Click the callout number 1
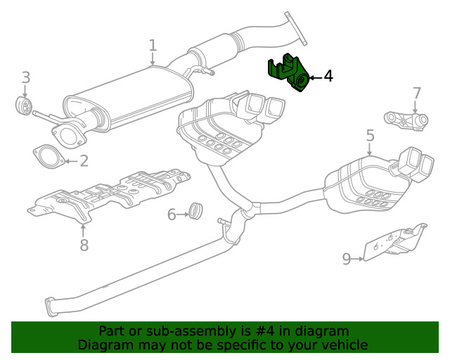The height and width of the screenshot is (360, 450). (153, 46)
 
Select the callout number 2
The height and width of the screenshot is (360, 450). (84, 162)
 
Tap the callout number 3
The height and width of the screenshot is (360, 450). (25, 77)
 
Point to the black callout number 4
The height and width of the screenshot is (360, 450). (328, 76)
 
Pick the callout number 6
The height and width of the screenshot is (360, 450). (172, 214)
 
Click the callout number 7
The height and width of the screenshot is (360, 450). (416, 94)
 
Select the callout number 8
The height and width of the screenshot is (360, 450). (84, 245)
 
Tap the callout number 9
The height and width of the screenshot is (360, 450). (346, 259)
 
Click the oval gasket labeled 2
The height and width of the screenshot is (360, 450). (46, 155)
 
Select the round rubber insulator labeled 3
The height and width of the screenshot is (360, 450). (23, 106)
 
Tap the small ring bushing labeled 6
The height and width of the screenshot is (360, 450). (196, 210)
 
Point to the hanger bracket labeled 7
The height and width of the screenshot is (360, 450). (406, 120)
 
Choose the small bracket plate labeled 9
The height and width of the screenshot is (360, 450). (394, 242)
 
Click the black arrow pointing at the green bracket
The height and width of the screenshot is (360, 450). (314, 77)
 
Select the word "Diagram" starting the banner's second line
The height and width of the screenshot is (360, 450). (103, 345)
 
